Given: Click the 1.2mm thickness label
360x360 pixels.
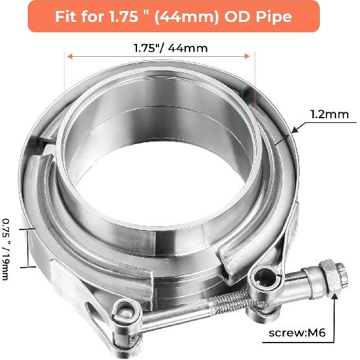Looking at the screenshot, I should click(330, 115).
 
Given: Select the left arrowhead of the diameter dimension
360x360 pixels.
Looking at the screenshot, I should click(67, 56).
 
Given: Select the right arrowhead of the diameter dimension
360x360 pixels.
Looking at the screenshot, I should click(253, 56).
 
